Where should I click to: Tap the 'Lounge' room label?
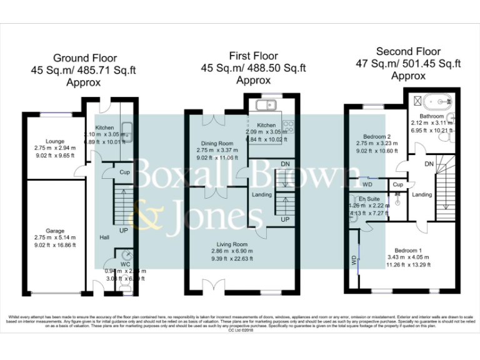46,141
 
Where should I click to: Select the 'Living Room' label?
232,244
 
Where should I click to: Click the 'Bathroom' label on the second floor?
431,116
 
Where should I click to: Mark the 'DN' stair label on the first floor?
286,164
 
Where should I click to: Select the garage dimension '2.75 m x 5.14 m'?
55,237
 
